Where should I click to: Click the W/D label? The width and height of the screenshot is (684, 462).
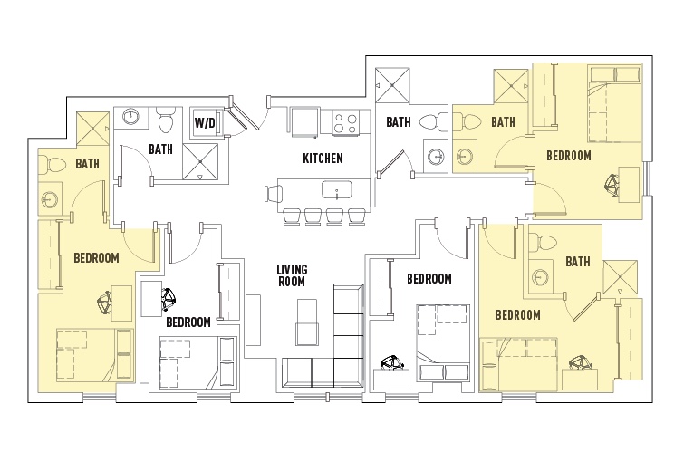point(205,122)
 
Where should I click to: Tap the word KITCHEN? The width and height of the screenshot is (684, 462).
point(323,158)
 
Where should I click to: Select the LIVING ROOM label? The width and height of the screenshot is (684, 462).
point(292,275)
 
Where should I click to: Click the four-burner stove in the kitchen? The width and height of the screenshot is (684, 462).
point(345,122)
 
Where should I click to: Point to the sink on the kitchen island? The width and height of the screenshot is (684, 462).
point(337,190)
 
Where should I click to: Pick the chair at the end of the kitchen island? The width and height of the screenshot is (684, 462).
point(274,193)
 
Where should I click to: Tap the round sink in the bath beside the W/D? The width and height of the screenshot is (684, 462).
point(130,117)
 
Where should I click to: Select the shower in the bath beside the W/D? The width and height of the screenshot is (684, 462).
point(200,161)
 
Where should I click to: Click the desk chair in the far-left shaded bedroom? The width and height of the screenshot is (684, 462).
point(105,303)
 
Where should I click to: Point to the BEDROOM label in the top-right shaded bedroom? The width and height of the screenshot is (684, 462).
point(569,156)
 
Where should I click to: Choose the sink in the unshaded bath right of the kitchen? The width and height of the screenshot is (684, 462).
point(436,156)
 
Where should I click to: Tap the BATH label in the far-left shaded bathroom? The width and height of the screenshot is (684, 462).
point(87,164)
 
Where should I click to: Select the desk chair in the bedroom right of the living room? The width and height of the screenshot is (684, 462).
point(392,362)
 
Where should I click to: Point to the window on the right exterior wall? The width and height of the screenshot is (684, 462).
point(648,178)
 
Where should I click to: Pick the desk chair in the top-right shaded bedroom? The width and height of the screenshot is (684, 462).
point(613,186)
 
